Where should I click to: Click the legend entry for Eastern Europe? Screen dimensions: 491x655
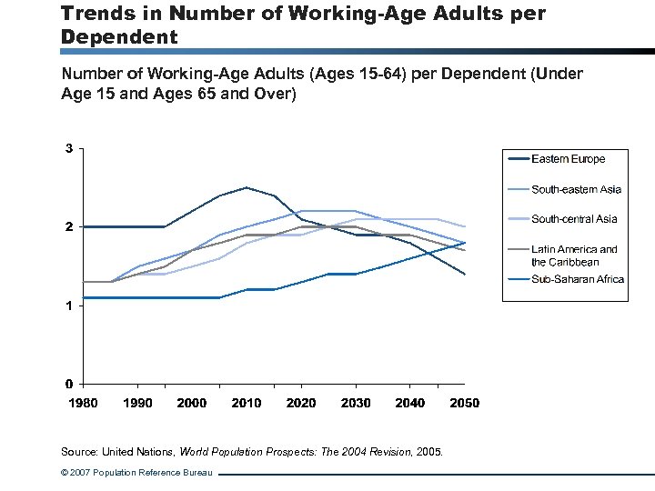pyautogui.click(x=568, y=159)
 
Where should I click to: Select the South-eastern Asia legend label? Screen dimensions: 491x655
pyautogui.click(x=576, y=189)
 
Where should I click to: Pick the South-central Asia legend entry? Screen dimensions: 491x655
pyautogui.click(x=574, y=219)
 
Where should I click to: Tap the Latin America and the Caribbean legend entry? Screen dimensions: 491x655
pyautogui.click(x=574, y=255)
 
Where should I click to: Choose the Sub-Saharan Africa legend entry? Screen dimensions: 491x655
pyautogui.click(x=578, y=279)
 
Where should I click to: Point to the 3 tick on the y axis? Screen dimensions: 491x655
pyautogui.click(x=69, y=148)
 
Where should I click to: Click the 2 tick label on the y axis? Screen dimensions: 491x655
pyautogui.click(x=69, y=226)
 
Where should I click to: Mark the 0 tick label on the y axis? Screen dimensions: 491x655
pyautogui.click(x=69, y=383)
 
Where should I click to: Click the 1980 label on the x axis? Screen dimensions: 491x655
pyautogui.click(x=83, y=403)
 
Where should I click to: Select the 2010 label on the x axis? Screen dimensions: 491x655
pyautogui.click(x=247, y=403)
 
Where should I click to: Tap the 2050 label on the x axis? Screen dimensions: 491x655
pyautogui.click(x=464, y=403)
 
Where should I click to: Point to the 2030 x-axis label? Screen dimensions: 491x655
pyautogui.click(x=356, y=403)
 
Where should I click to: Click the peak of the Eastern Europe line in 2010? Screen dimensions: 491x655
pyautogui.click(x=247, y=187)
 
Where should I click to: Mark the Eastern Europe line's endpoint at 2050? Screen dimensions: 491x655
pyautogui.click(x=464, y=274)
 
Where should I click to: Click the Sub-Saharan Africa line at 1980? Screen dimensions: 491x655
pyautogui.click(x=84, y=297)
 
